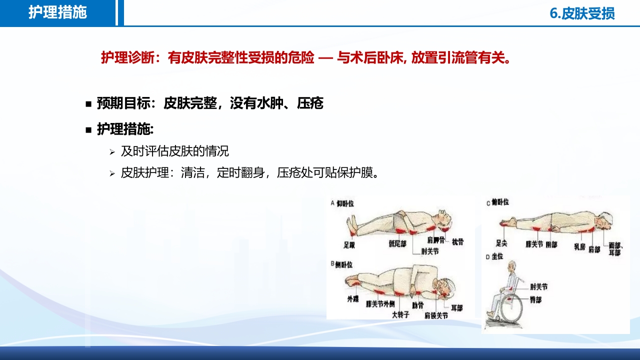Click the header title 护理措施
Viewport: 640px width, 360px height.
(57, 12)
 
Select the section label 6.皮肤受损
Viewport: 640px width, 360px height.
(582, 13)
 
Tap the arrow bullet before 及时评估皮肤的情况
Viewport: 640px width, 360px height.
(112, 151)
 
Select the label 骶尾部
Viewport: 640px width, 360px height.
(397, 243)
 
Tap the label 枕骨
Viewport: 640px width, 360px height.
(457, 242)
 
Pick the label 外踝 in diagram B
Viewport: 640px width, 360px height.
(353, 299)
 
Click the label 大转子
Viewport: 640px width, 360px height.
(401, 315)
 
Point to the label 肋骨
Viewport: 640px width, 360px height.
(418, 304)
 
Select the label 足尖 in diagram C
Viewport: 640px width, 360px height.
(501, 244)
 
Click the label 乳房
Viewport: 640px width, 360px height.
(579, 246)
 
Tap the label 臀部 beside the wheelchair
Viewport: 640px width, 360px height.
(535, 300)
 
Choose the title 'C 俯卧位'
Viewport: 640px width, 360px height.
(497, 202)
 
